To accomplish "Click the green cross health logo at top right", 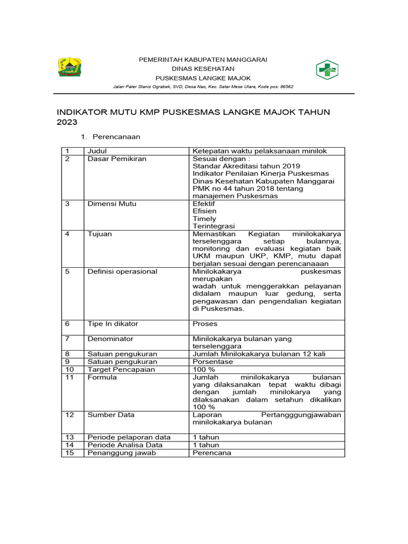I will click(327, 69).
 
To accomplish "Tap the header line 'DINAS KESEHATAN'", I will click(202, 69).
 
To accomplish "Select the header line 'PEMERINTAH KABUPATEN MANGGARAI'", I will click(203, 59).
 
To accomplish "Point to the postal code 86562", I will click(286, 87).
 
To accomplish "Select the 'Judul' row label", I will click(97, 151).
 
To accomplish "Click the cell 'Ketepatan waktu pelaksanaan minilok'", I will click(260, 151).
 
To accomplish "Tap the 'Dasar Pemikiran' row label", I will click(117, 158).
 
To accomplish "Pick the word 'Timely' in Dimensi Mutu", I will click(205, 218).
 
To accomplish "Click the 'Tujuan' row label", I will click(99, 234).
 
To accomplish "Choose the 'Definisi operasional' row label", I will click(122, 271).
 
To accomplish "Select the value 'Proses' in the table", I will click(205, 324).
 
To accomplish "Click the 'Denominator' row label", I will click(110, 338).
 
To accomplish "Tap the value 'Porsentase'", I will click(210, 361).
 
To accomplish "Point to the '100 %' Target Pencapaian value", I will click(204, 369).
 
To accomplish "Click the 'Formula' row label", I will click(102, 377).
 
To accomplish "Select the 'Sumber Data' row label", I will click(111, 414).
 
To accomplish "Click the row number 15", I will click(69, 453).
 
